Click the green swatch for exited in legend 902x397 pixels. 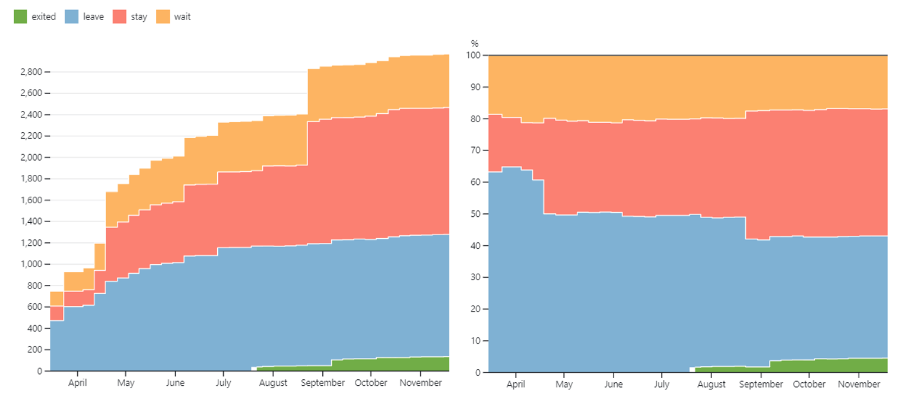coord(20,17)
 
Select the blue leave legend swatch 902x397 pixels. coord(71,17)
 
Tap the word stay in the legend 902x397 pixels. coord(139,17)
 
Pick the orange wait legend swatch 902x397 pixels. coord(163,17)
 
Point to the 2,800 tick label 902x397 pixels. coord(31,72)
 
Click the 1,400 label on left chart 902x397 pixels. coord(31,221)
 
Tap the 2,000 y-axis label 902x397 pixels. coord(31,157)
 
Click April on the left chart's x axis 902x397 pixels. coord(77,383)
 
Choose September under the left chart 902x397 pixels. coord(323,383)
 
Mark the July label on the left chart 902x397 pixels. coord(223,383)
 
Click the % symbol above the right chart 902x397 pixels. coord(475,43)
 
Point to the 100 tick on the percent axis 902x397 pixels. coord(473,55)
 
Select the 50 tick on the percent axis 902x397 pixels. coord(475,214)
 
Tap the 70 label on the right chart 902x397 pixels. coord(475,151)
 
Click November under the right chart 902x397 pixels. coord(859,384)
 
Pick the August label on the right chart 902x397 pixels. coord(712,384)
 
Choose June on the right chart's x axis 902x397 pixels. coord(613,384)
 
